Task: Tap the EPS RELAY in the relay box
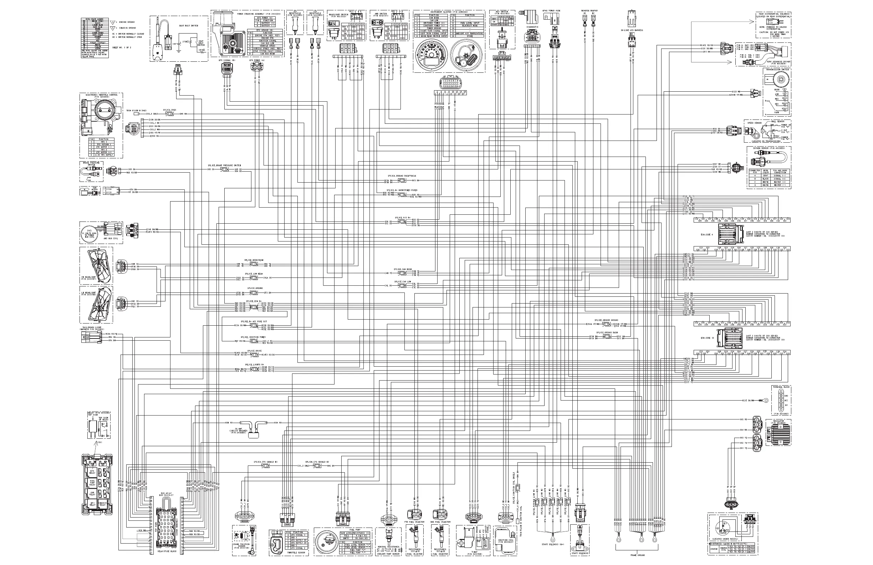click(92, 472)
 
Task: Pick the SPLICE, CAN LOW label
click(402, 281)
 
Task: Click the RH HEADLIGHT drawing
click(97, 264)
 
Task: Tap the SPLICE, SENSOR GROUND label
click(607, 320)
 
